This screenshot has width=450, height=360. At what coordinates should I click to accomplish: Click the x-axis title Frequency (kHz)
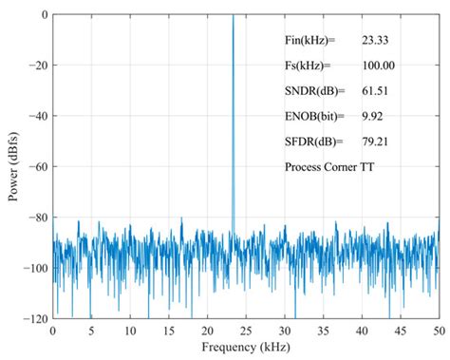(245, 349)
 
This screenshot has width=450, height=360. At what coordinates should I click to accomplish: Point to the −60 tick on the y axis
(36, 167)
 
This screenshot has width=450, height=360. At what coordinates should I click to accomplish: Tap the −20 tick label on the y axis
(36, 66)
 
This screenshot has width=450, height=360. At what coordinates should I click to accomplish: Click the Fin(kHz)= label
(311, 41)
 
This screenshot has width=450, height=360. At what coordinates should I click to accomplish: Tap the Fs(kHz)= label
(309, 66)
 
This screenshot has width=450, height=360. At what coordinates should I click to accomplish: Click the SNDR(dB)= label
(313, 91)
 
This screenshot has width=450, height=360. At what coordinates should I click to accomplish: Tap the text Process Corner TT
(328, 166)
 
